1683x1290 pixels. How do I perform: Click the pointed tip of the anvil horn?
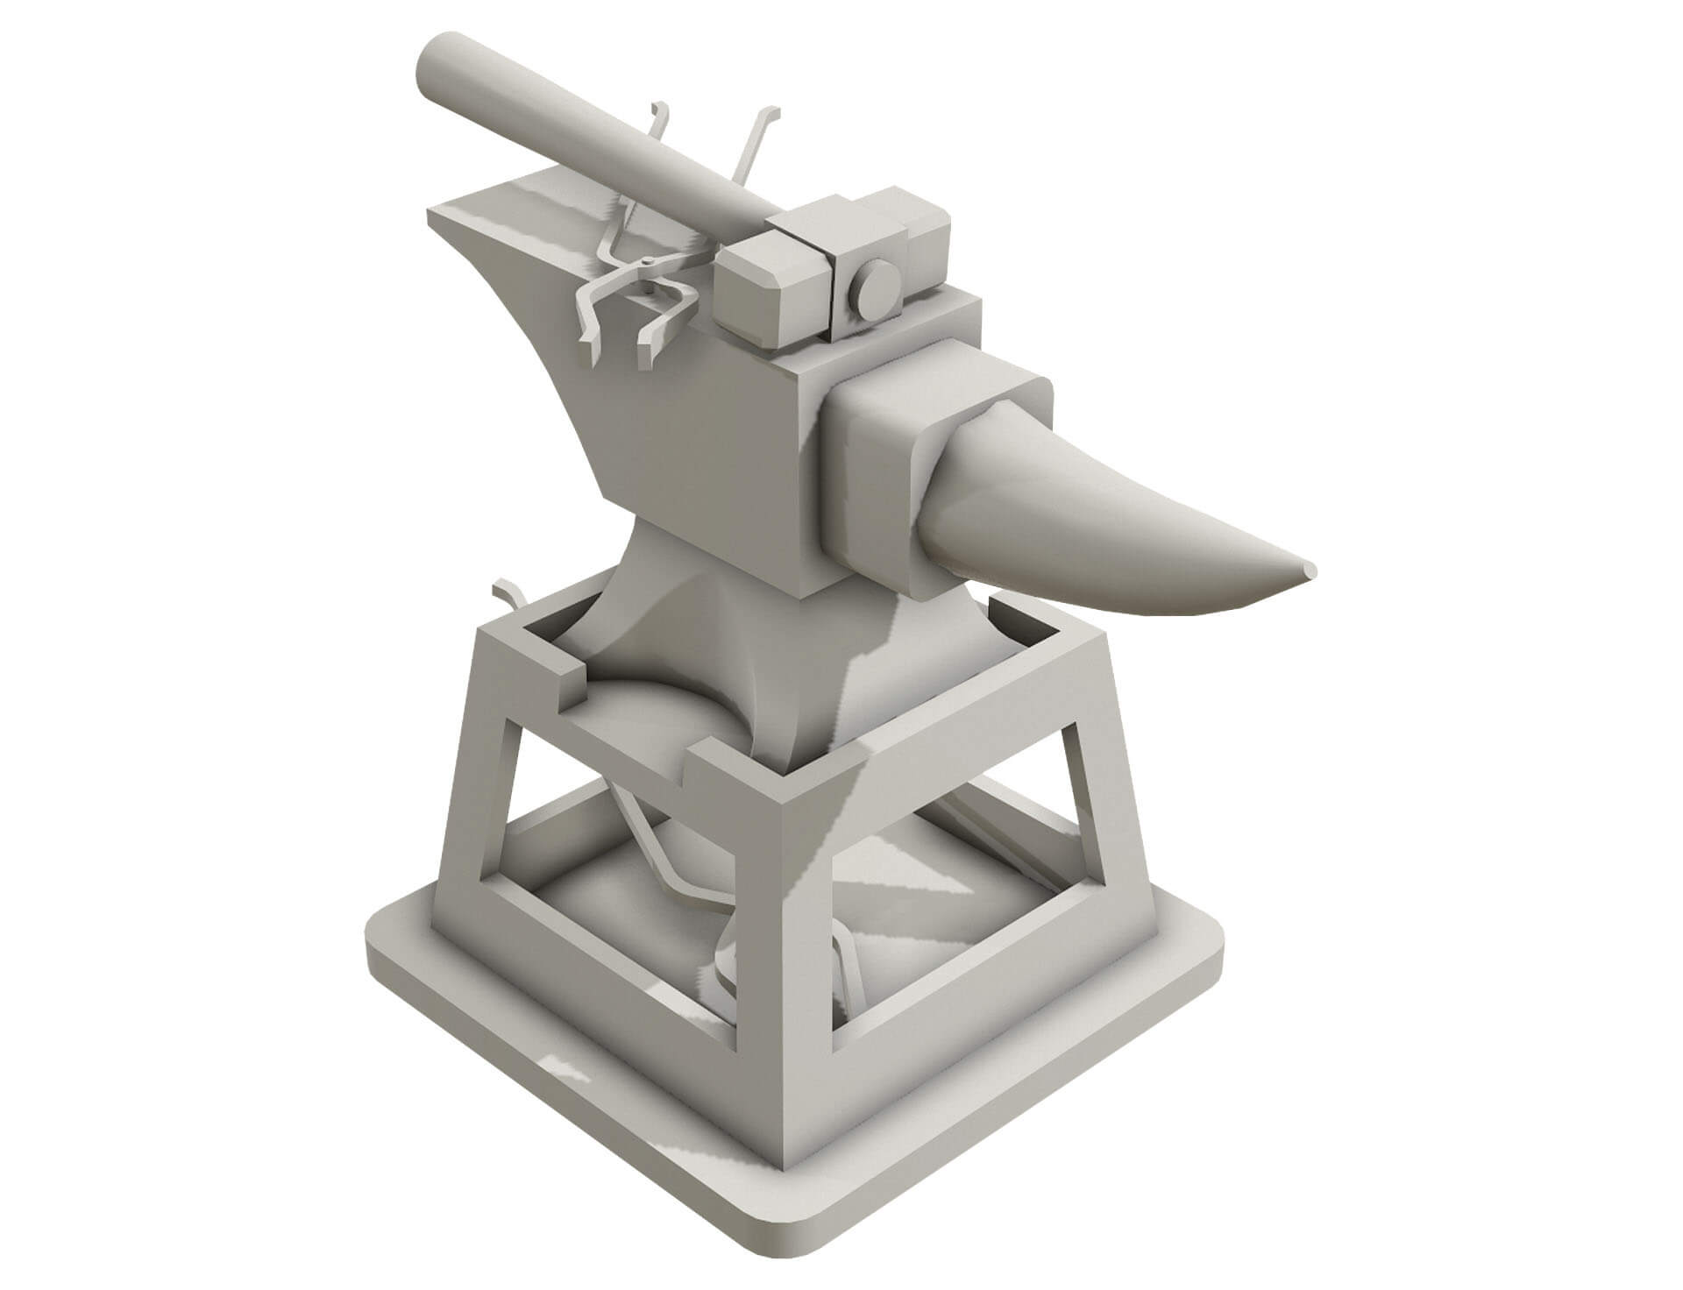(1310, 571)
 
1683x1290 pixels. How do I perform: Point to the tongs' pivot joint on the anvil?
(649, 261)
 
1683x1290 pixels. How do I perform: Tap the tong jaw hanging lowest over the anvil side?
(649, 355)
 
